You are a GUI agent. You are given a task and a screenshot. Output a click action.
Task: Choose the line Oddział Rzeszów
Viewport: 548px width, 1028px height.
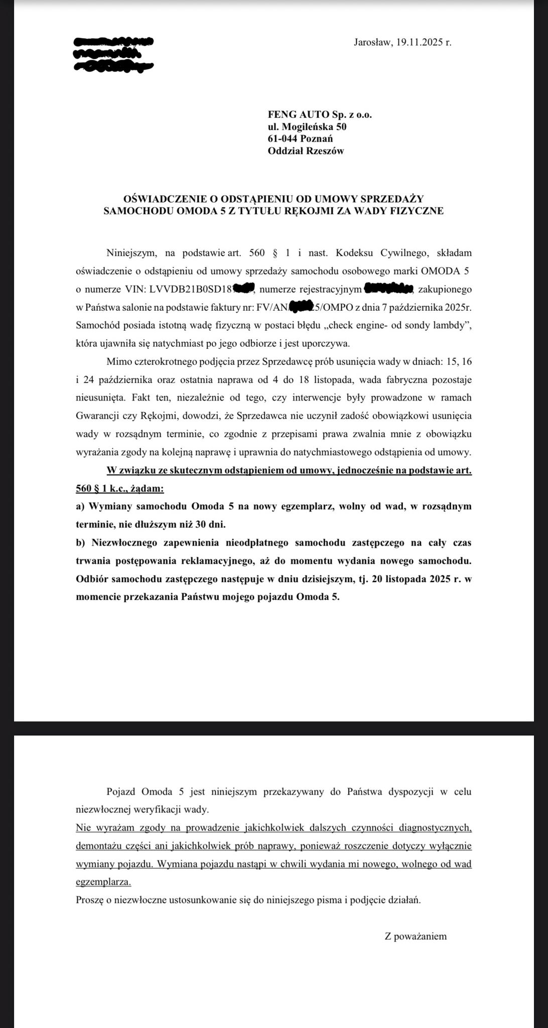pyautogui.click(x=306, y=151)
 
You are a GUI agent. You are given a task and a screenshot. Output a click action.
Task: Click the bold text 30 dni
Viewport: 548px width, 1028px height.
pyautogui.click(x=211, y=525)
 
